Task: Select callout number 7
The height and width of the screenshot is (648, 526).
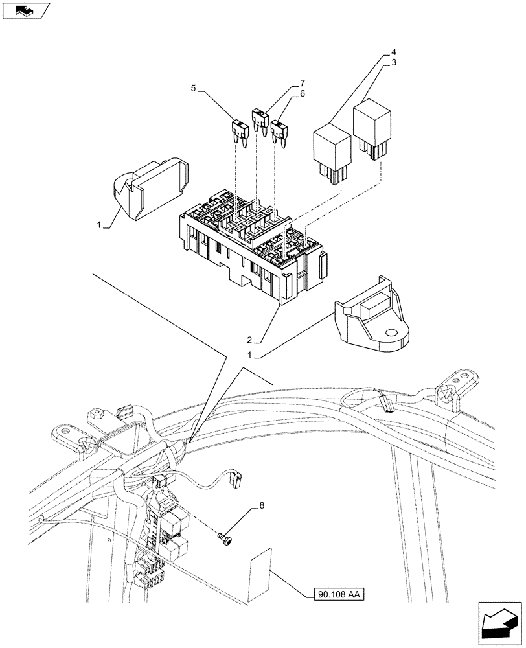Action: [x=302, y=84]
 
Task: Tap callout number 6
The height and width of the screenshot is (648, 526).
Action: [x=302, y=95]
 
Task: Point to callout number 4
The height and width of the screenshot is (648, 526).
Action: [x=393, y=51]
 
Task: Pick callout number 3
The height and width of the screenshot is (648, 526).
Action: [x=393, y=62]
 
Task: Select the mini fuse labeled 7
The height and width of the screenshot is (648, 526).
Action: [x=260, y=118]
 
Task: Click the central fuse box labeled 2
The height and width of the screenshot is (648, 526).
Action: [x=253, y=246]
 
